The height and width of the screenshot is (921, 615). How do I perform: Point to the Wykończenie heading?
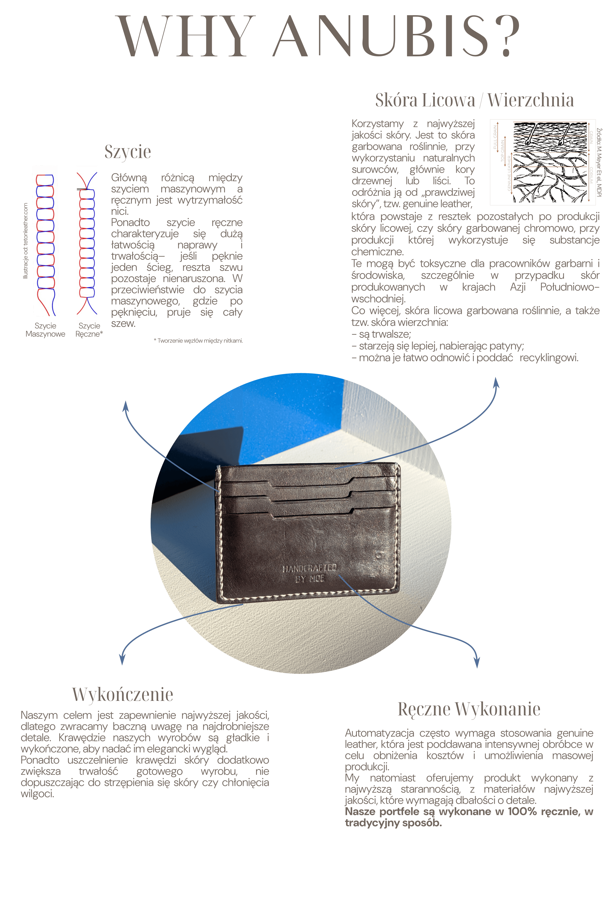123,694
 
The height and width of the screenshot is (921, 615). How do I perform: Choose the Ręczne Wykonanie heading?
469,709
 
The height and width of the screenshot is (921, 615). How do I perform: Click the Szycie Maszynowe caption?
46,330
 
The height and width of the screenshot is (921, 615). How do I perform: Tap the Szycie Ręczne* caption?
89,330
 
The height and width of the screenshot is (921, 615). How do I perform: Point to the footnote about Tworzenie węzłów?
198,341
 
